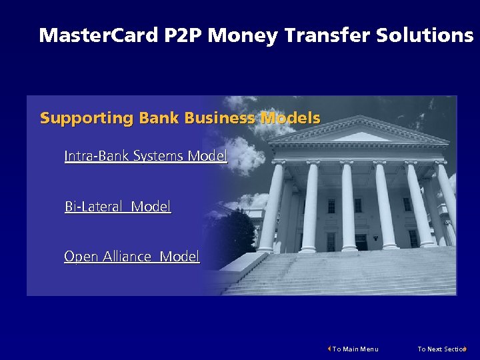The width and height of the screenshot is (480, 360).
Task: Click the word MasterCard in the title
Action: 99,35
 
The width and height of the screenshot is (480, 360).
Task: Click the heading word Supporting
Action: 87,119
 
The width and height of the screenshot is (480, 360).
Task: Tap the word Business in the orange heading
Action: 219,119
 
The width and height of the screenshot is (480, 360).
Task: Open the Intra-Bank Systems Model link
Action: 145,156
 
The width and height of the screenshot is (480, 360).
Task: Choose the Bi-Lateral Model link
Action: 117,207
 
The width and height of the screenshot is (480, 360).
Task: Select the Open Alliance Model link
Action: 131,257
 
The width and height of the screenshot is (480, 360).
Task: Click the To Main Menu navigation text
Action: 355,349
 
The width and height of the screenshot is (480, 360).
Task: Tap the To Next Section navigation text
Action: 441,349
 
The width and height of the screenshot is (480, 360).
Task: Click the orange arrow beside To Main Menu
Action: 329,349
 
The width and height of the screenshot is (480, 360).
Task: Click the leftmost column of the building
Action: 271,207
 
